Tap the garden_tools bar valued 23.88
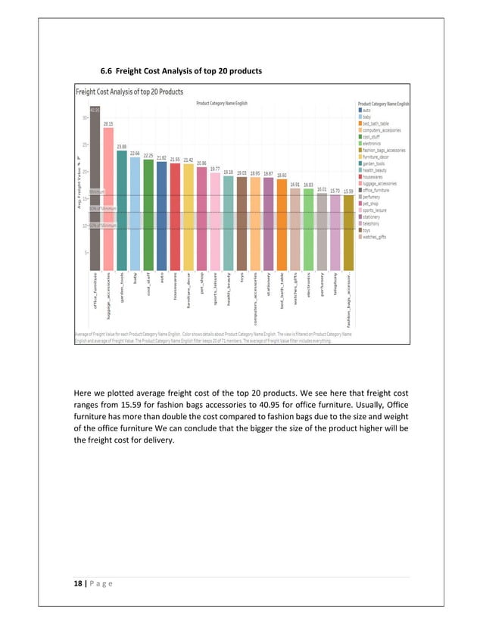[x=122, y=208]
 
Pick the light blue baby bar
[x=135, y=213]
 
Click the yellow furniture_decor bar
[x=188, y=216]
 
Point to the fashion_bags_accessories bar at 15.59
[x=347, y=232]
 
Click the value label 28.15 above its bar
[x=108, y=123]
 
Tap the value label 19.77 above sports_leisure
[x=215, y=169]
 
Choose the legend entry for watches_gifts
[x=374, y=237]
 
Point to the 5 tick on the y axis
[x=85, y=252]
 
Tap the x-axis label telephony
[x=335, y=294]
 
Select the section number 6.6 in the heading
[x=108, y=71]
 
